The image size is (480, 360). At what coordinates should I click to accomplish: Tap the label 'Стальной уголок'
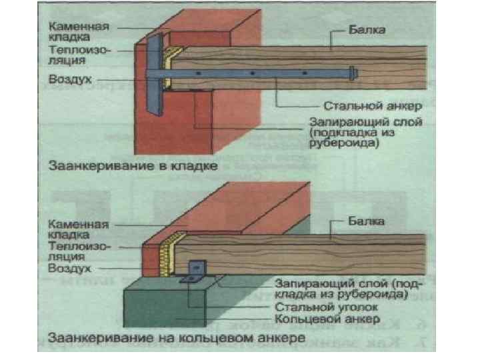tap(327, 308)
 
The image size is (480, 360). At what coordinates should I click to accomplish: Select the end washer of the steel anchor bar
tap(351, 71)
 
